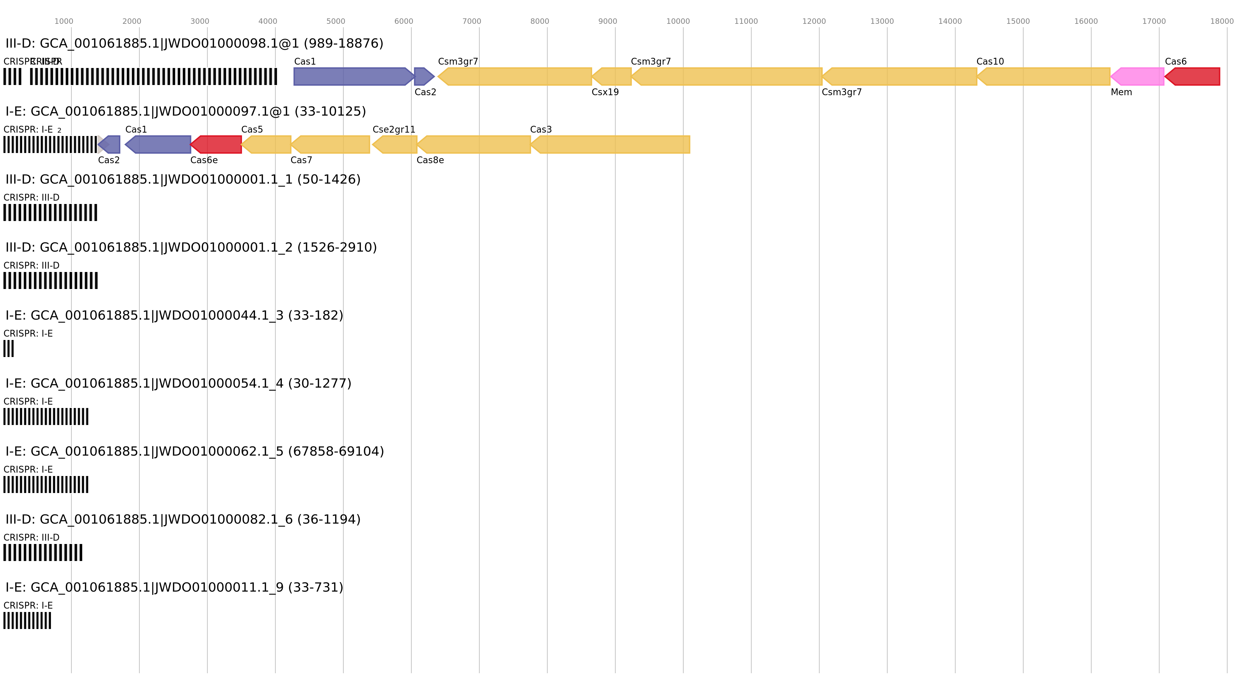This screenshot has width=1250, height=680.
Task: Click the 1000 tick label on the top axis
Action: (64, 21)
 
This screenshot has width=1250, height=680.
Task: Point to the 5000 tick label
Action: (335, 21)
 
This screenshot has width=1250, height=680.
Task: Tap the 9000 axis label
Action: (607, 21)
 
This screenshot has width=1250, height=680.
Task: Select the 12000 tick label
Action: (814, 21)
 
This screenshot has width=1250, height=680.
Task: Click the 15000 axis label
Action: (1017, 21)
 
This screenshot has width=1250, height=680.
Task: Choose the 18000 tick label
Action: (1221, 21)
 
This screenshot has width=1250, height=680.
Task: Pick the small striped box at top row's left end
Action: (13, 77)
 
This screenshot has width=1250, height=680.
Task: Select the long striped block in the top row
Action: (153, 77)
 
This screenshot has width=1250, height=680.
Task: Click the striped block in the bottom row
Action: (27, 620)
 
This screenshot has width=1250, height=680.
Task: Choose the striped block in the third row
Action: (50, 213)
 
